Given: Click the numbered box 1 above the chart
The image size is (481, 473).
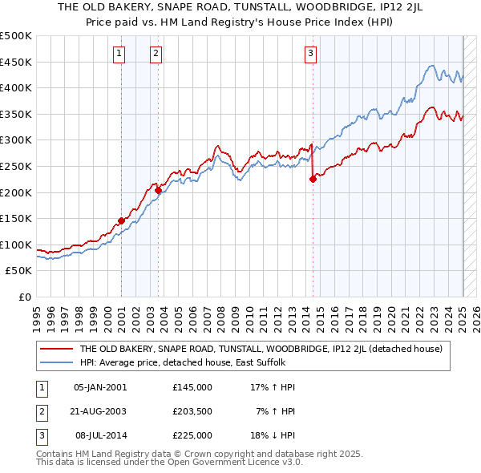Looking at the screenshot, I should pyautogui.click(x=119, y=54).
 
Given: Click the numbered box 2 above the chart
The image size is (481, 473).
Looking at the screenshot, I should pyautogui.click(x=156, y=54).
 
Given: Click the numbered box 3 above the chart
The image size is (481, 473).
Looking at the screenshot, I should pyautogui.click(x=310, y=54).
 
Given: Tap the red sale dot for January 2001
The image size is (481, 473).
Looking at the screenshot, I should pyautogui.click(x=121, y=220).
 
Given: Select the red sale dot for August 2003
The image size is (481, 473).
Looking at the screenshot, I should pyautogui.click(x=158, y=190).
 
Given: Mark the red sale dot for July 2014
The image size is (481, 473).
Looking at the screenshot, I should pyautogui.click(x=313, y=180).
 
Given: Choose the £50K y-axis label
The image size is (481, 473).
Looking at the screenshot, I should pyautogui.click(x=19, y=271).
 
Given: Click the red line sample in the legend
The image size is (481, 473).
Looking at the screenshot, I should pyautogui.click(x=56, y=349).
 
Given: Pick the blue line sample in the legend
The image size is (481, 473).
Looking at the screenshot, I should pyautogui.click(x=56, y=363).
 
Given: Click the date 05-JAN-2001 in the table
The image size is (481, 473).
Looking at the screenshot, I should pyautogui.click(x=99, y=387).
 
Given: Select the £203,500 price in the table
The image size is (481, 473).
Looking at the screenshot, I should pyautogui.click(x=192, y=411).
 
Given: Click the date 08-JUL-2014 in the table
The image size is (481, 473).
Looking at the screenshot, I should pyautogui.click(x=100, y=435).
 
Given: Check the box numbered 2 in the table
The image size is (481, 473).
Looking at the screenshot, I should pyautogui.click(x=40, y=411).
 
